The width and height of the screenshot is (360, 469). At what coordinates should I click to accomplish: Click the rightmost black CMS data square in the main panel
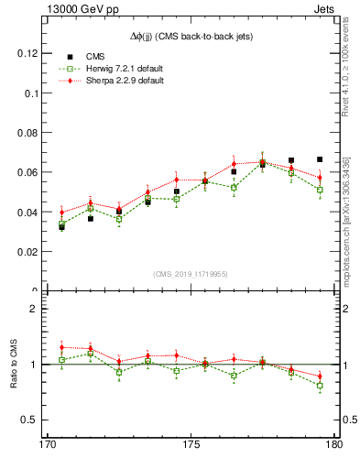pos(320,159)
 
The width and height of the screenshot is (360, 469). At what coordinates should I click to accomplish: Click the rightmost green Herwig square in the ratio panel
pos(320,386)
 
